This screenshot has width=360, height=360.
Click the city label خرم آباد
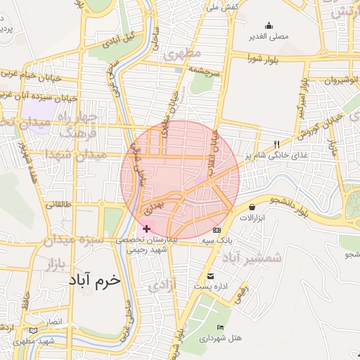click(95, 280)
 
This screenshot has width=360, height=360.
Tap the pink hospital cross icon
click(146, 229)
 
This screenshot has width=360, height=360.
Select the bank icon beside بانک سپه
click(217, 230)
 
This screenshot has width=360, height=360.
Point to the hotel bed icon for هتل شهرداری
click(221, 327)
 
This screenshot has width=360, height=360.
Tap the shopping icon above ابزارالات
click(252, 207)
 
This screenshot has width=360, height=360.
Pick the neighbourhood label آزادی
click(167, 285)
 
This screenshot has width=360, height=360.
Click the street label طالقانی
click(58, 205)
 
